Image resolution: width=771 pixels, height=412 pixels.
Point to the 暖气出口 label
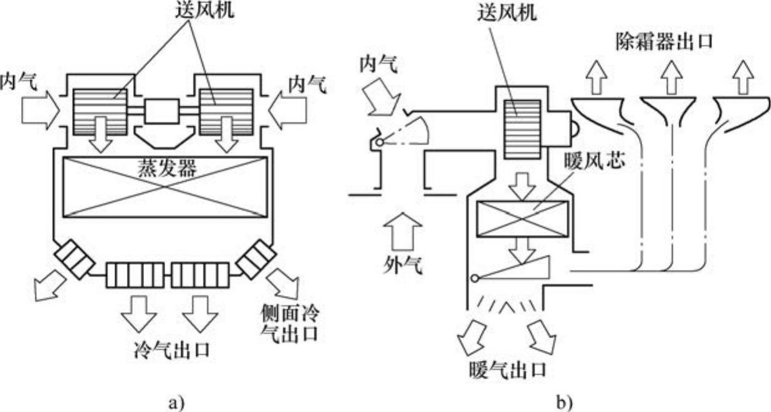[507, 370]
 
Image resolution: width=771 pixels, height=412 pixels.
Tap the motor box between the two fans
[161, 112]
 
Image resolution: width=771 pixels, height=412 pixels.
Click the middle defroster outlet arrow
[671, 78]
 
